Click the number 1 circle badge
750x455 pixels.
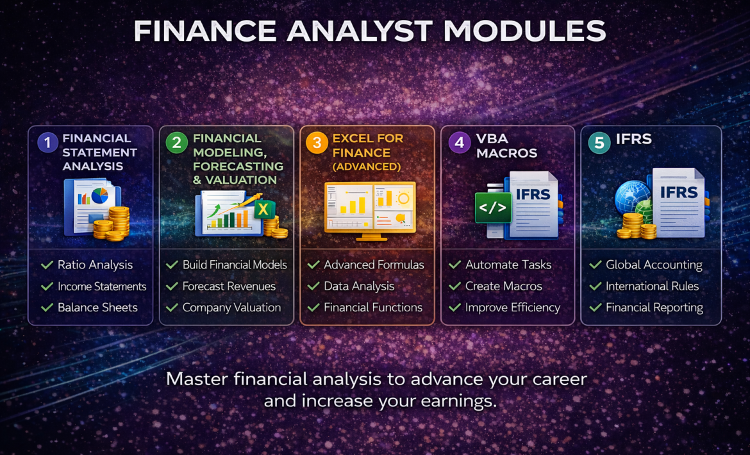click(x=47, y=142)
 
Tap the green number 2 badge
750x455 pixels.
click(x=176, y=142)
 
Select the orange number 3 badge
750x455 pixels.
click(x=317, y=142)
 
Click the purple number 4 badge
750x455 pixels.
click(x=460, y=142)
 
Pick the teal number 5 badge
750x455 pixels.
click(x=599, y=142)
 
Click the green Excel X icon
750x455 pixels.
click(x=263, y=210)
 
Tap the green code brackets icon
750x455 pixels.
click(x=493, y=208)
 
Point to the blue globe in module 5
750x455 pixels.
click(x=632, y=197)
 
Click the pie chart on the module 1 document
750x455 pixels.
click(x=100, y=195)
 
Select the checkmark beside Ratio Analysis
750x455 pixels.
click(x=47, y=265)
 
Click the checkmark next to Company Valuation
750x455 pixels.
click(x=172, y=308)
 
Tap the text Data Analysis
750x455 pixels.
click(x=359, y=286)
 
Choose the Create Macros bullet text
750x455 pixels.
click(x=504, y=286)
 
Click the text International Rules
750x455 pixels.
click(x=653, y=286)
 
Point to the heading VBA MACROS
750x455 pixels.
click(x=506, y=145)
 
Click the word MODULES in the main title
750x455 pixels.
click(x=525, y=31)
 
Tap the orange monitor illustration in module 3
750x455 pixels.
click(x=370, y=210)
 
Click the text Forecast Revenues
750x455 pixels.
click(x=229, y=286)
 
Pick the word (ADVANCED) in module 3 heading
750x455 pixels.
click(x=367, y=167)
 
